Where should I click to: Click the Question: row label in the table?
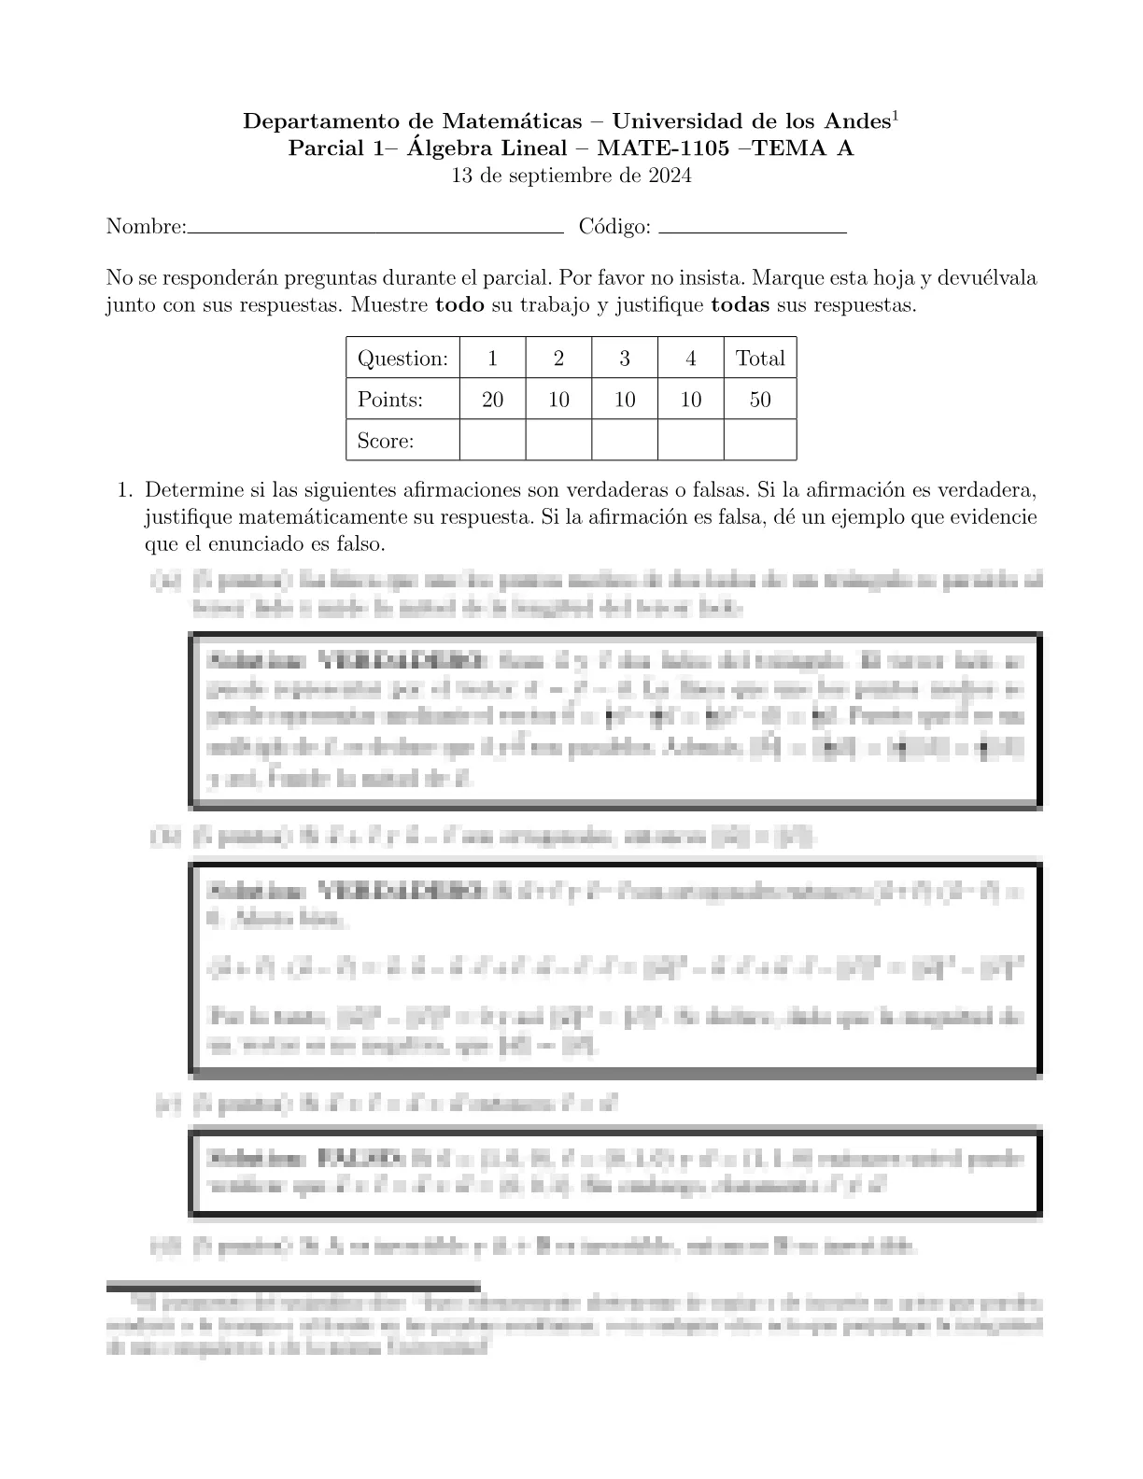tap(402, 359)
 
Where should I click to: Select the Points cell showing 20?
tap(492, 400)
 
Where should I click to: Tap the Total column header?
tap(760, 359)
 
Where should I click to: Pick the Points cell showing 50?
tap(760, 400)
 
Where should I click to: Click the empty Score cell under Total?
tap(760, 441)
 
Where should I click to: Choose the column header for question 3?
tap(625, 359)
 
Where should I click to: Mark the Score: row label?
tap(386, 441)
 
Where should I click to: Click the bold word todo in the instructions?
tap(459, 306)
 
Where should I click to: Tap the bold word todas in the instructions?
tap(741, 306)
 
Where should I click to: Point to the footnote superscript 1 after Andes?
tap(895, 116)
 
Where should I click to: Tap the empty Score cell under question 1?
tap(492, 441)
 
